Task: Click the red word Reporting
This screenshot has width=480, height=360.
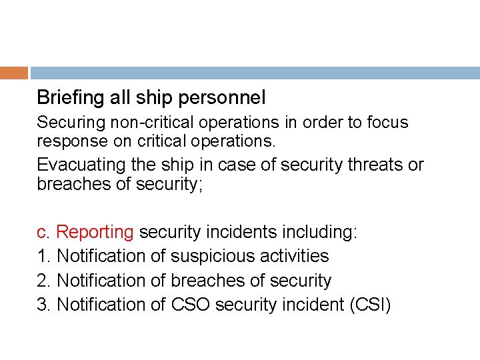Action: coord(95,232)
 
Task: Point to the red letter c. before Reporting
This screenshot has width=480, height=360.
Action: coord(43,232)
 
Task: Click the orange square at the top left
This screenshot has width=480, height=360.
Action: coord(14,73)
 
